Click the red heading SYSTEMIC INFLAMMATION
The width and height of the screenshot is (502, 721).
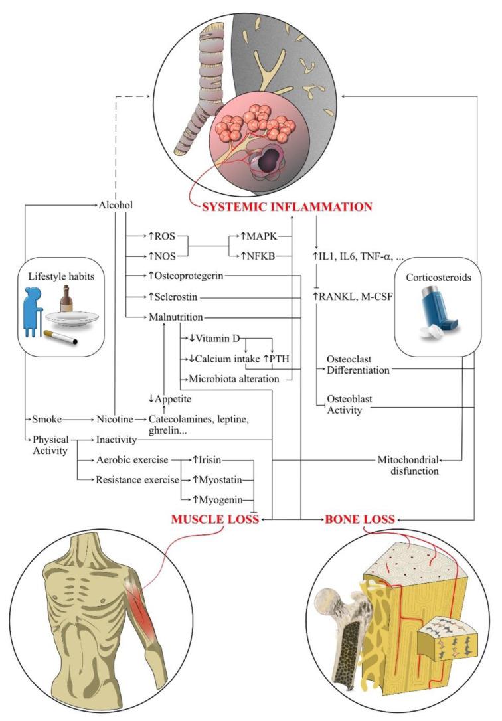pos(288,206)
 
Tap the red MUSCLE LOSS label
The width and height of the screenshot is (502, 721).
pos(216,519)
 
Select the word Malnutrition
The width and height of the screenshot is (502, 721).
pos(175,317)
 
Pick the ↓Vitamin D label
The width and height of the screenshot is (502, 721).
pos(210,338)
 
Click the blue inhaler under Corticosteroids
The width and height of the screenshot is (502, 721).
pos(441,314)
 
